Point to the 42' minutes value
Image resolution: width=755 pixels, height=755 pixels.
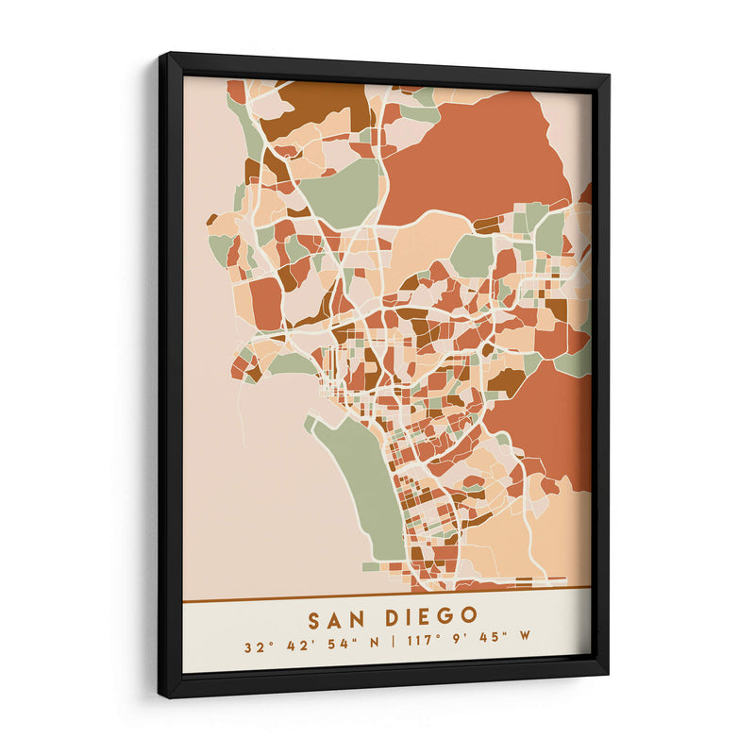tap(292, 647)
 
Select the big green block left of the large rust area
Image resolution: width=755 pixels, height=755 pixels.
tap(340, 193)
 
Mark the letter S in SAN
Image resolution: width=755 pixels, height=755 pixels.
tap(314, 618)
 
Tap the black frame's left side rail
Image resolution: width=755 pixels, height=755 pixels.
tap(170, 377)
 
